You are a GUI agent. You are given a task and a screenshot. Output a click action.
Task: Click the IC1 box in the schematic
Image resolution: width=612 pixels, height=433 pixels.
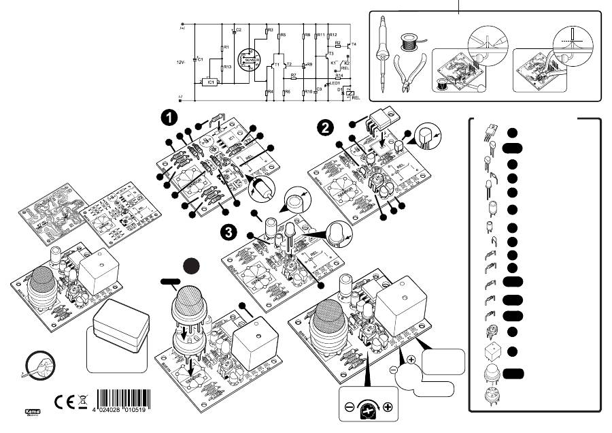[210, 82]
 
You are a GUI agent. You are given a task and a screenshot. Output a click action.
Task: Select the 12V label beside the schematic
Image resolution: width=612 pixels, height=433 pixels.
[180, 62]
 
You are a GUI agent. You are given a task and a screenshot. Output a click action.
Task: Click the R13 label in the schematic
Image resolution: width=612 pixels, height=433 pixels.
[228, 67]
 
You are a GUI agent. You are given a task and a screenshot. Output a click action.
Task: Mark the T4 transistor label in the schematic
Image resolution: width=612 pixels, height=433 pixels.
[354, 44]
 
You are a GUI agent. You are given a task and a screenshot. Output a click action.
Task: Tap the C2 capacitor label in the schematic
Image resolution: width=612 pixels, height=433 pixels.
[239, 31]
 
